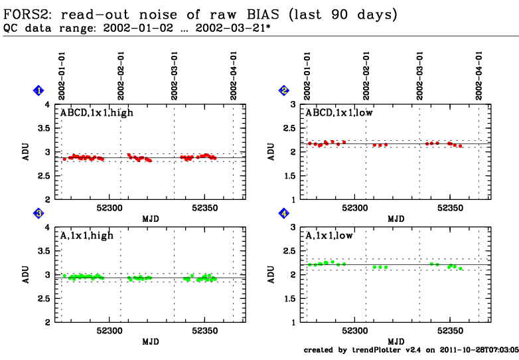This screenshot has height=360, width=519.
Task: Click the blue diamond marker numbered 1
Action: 39,90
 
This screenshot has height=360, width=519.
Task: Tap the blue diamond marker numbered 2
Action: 284,90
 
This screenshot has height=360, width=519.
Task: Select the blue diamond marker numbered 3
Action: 39,213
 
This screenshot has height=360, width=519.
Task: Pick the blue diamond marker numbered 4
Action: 284,213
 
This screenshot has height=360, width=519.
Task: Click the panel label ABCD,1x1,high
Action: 97,113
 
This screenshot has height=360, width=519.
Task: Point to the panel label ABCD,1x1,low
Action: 340,113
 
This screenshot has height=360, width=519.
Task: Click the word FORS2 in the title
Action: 27,13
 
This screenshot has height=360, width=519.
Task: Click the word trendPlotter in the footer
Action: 376,349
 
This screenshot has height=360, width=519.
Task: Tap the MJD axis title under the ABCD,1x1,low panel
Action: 396,219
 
